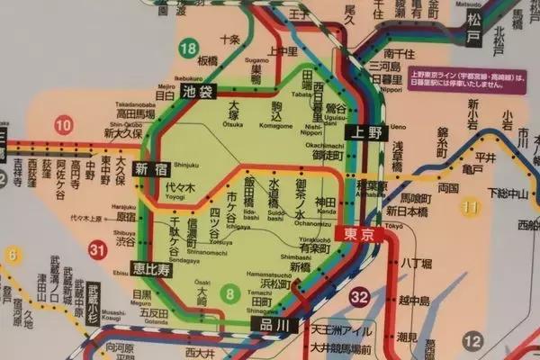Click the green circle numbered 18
coord(188,49)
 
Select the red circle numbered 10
coord(63,125)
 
